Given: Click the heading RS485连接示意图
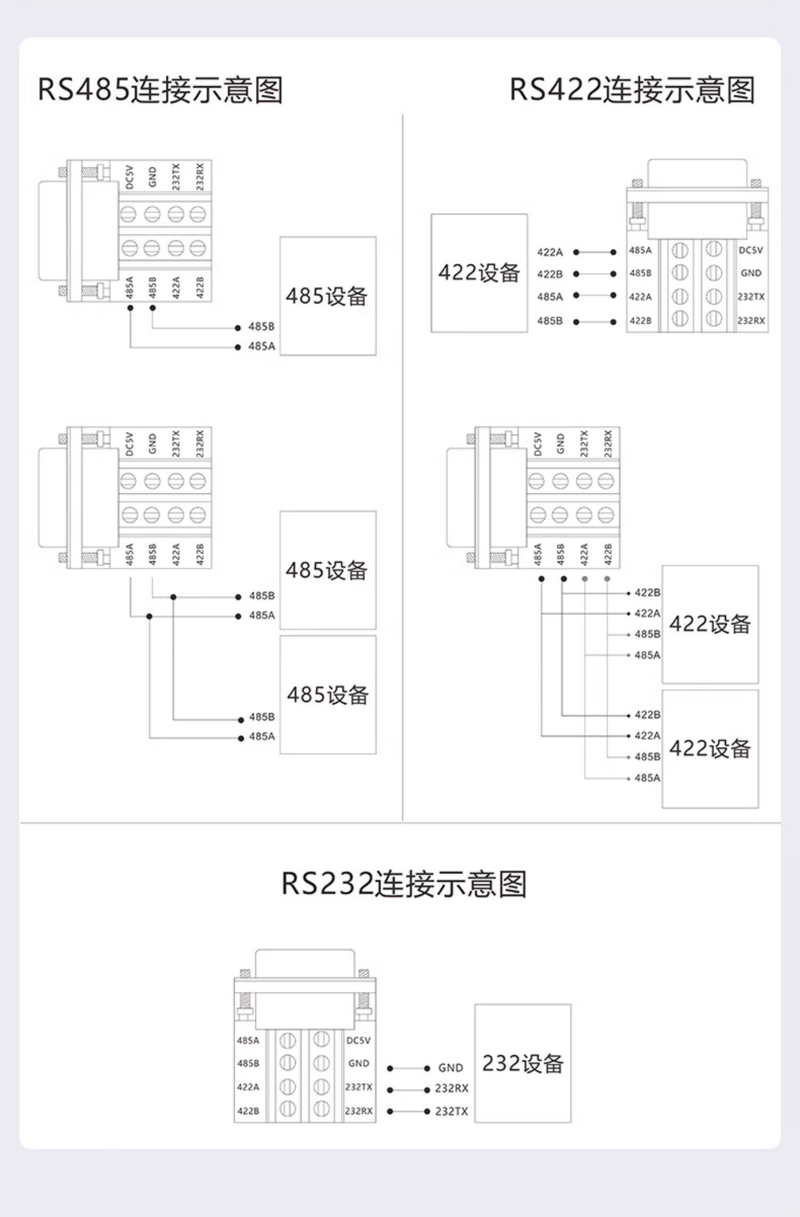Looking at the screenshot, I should tap(160, 90).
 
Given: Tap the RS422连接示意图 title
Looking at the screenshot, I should tap(632, 90).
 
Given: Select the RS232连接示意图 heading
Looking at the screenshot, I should tap(404, 884).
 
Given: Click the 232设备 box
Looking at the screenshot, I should tap(523, 1063).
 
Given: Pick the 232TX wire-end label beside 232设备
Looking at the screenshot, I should tap(451, 1111).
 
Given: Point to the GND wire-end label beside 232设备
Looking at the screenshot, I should tap(451, 1068).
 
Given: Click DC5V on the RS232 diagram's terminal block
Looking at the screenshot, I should tap(358, 1040).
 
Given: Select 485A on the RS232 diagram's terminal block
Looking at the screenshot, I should tap(248, 1040).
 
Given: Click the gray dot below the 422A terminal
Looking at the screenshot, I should tap(585, 579).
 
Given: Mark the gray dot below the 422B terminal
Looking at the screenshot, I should tap(607, 579).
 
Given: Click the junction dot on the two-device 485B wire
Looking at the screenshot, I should tap(173, 597).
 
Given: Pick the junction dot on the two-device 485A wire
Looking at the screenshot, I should tap(149, 616).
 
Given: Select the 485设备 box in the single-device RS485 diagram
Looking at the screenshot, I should tap(327, 296).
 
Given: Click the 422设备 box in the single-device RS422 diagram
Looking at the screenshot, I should tap(479, 273).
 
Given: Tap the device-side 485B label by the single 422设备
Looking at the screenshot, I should tap(550, 321).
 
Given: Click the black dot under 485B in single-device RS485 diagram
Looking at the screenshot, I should tap(153, 308).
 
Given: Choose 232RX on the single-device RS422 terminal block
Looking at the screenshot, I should tap(751, 321).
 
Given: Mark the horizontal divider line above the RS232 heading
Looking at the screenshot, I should tap(400, 823).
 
